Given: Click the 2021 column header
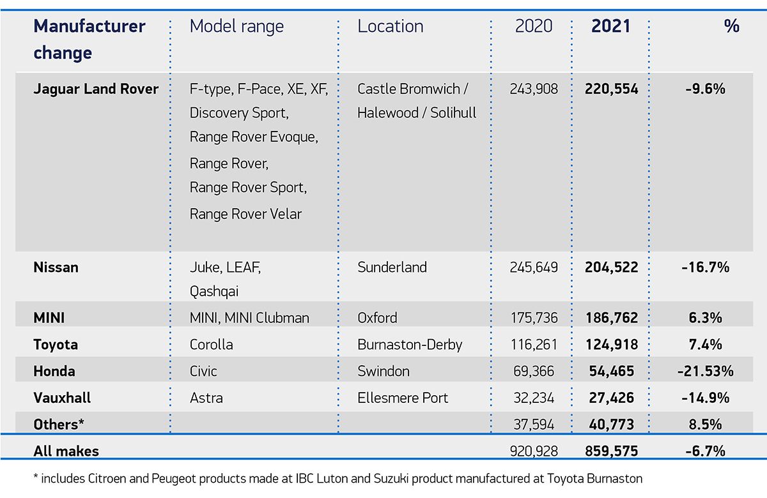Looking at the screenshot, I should (x=610, y=26).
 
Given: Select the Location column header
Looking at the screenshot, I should (x=390, y=26).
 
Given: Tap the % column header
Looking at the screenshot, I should (x=731, y=26).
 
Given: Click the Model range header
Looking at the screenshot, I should (x=236, y=26).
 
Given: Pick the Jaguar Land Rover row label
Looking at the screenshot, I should (x=96, y=89).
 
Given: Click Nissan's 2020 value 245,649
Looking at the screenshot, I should (x=534, y=267).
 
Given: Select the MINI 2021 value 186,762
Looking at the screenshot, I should (x=611, y=317).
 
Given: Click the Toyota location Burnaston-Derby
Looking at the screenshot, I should (x=410, y=345).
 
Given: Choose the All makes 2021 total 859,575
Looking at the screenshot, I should (x=611, y=451).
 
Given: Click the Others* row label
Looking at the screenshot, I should (x=59, y=424).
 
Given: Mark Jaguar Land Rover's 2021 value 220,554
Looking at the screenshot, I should (x=611, y=89).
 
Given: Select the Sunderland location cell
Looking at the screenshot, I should (x=392, y=267).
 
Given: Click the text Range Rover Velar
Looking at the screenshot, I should (x=245, y=214).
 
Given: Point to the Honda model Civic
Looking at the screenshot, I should (x=203, y=371).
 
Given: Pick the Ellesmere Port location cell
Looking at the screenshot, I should (x=403, y=398).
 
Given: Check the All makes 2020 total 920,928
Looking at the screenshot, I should (x=534, y=451).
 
